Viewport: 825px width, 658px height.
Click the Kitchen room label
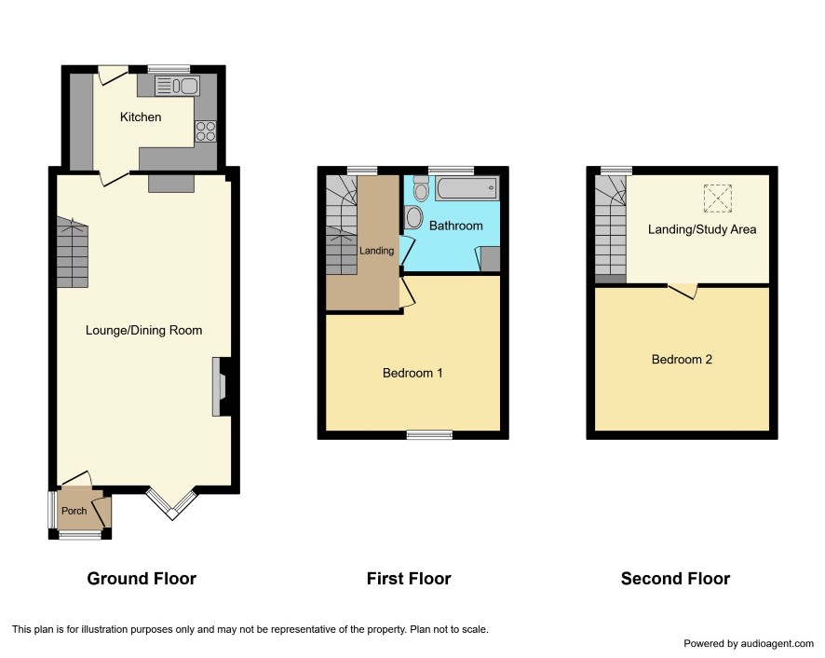[141, 117]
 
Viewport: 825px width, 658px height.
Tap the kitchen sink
[177, 86]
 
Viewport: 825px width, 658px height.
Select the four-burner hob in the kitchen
[205, 131]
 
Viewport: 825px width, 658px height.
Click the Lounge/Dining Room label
[143, 330]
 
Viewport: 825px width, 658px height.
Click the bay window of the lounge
[172, 503]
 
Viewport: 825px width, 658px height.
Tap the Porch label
[74, 511]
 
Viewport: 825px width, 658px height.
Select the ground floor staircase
[72, 253]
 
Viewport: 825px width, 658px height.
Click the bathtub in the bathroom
[467, 188]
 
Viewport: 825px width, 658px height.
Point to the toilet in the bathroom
[420, 188]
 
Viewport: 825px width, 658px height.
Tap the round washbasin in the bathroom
[414, 217]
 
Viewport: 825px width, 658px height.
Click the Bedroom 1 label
[412, 373]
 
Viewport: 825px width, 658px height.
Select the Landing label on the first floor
[377, 251]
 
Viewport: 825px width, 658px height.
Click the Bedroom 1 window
[429, 434]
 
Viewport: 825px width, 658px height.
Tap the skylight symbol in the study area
[718, 199]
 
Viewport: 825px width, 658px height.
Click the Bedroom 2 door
[683, 290]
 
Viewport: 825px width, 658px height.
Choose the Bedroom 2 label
[682, 360]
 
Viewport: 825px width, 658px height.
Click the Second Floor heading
[676, 579]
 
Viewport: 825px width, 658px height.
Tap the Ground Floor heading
[142, 579]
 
